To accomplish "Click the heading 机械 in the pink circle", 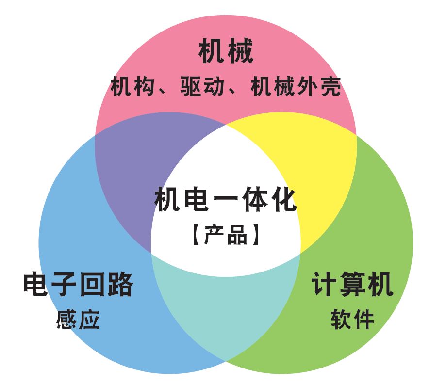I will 226,52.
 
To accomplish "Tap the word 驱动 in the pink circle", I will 202,87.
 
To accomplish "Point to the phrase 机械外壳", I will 296,87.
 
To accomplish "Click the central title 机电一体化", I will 226,200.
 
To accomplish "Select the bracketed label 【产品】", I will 226,235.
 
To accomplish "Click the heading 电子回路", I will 78,285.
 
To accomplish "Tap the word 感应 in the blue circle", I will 78,320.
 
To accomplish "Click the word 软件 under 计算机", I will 352,320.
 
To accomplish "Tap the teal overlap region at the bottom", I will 226,310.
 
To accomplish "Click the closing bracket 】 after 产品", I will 256,235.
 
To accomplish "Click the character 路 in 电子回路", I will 120,285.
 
